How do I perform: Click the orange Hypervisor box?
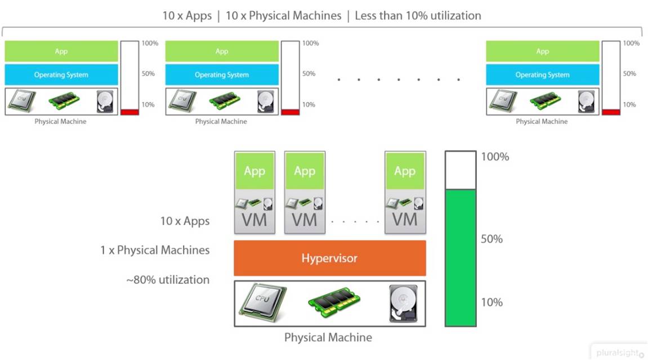point(329,258)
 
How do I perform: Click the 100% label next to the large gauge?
point(495,157)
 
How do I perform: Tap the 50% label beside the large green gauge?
point(491,239)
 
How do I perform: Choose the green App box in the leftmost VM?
point(254,171)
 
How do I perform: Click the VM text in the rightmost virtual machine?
point(405,219)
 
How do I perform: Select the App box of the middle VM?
point(305,171)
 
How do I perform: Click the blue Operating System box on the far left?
point(61,75)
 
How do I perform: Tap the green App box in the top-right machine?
point(542,51)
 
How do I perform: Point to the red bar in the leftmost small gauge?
point(129,112)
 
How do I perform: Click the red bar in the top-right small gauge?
point(611,112)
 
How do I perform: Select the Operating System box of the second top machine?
point(222,75)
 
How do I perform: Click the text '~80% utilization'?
point(168,279)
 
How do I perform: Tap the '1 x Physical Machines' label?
point(155,250)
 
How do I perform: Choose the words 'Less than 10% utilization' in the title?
point(418,16)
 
